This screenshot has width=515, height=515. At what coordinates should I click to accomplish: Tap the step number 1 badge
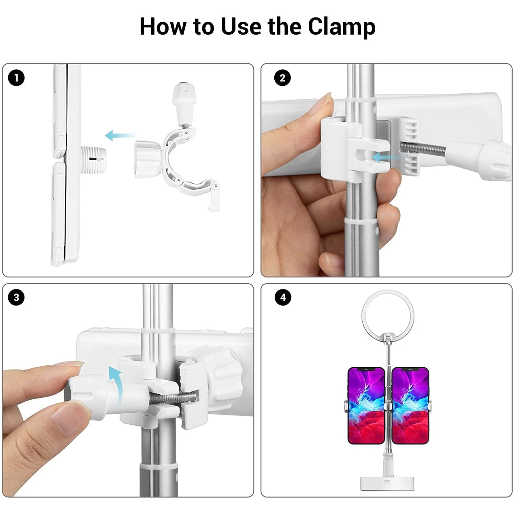click(x=16, y=78)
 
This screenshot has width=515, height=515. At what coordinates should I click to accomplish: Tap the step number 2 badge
click(x=282, y=78)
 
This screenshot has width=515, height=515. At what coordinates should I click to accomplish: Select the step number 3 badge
click(x=16, y=297)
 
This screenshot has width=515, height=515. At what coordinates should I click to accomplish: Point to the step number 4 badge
click(x=283, y=297)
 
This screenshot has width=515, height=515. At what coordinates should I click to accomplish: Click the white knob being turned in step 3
click(x=88, y=395)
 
